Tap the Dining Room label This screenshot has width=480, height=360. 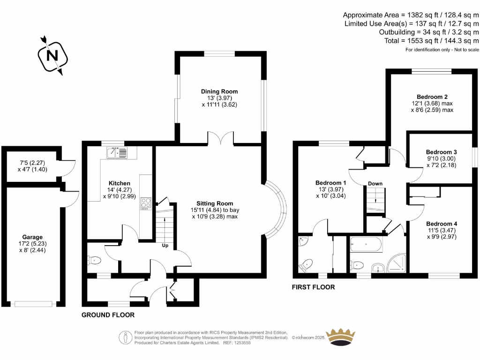219,91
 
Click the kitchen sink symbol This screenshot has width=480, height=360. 117,152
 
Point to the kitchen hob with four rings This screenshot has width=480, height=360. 145,204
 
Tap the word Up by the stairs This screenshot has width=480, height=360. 165,246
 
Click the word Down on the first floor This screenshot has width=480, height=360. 375,183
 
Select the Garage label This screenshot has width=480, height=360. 32,237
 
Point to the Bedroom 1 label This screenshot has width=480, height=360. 330,183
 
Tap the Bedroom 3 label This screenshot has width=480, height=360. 441,152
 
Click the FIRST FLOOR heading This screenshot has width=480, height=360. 313,287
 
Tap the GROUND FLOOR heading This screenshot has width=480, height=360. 108,315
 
